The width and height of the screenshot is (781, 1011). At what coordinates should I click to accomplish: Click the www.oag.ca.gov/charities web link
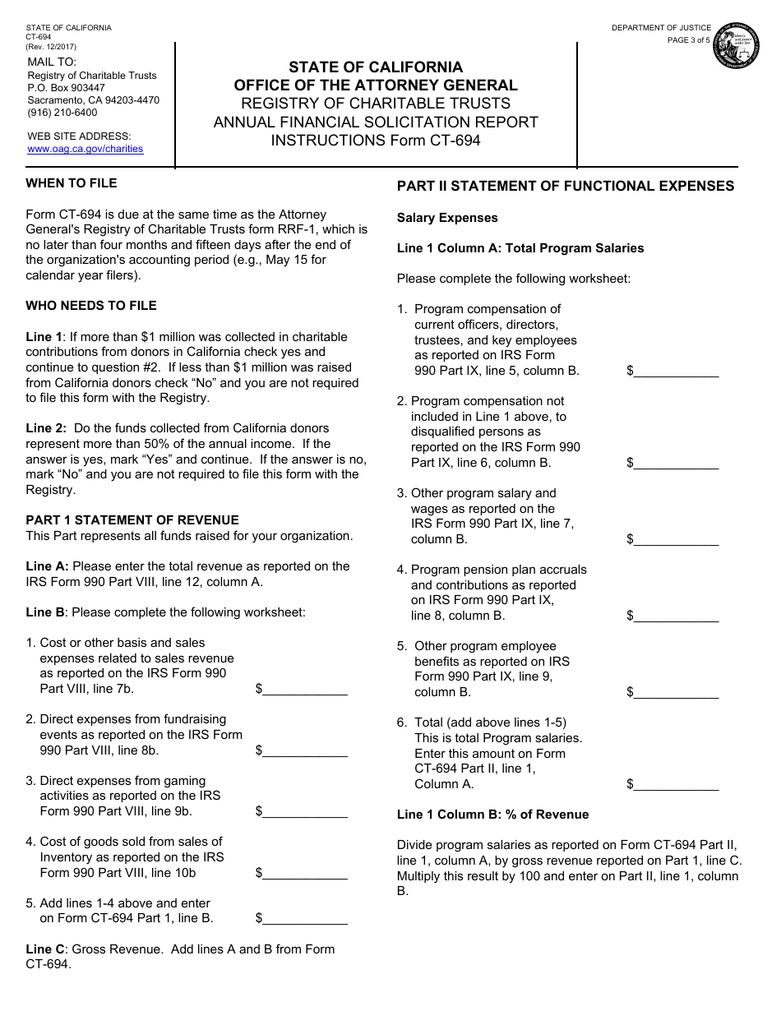[85, 149]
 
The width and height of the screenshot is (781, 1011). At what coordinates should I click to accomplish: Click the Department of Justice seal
[736, 46]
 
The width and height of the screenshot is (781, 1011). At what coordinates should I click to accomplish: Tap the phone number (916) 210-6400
[62, 113]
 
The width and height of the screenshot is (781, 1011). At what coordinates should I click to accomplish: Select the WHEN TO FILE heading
[72, 183]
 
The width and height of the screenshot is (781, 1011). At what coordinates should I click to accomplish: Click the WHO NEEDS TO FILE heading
[91, 306]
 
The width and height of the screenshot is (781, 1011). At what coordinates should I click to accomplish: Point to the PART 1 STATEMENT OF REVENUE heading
[132, 520]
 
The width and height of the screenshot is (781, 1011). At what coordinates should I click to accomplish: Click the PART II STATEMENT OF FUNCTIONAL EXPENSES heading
[566, 187]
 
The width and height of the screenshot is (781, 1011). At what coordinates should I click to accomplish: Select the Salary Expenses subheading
[447, 218]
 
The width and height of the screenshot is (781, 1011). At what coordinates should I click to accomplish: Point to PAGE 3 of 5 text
[688, 40]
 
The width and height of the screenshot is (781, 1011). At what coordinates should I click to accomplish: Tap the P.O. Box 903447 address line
[67, 88]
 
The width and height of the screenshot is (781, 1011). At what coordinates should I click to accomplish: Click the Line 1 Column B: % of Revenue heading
[493, 815]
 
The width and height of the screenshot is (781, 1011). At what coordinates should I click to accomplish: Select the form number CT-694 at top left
[39, 37]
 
